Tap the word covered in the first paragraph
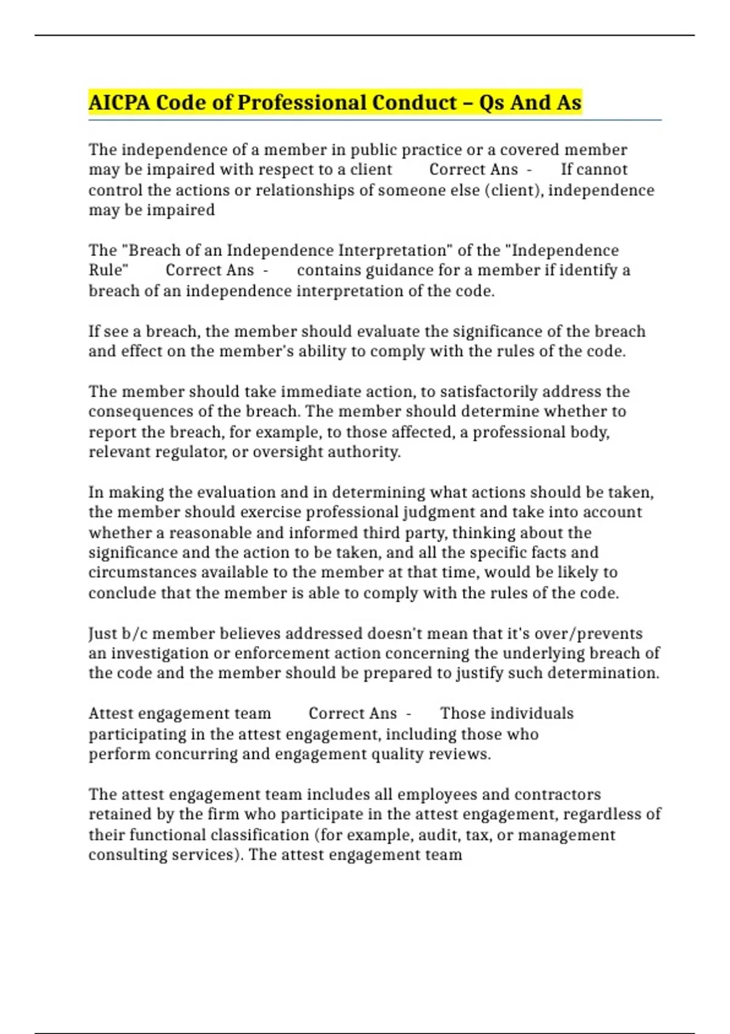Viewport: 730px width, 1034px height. click(x=529, y=150)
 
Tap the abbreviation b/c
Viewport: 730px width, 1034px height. click(x=134, y=634)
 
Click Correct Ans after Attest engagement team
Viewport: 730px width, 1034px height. click(x=352, y=713)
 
